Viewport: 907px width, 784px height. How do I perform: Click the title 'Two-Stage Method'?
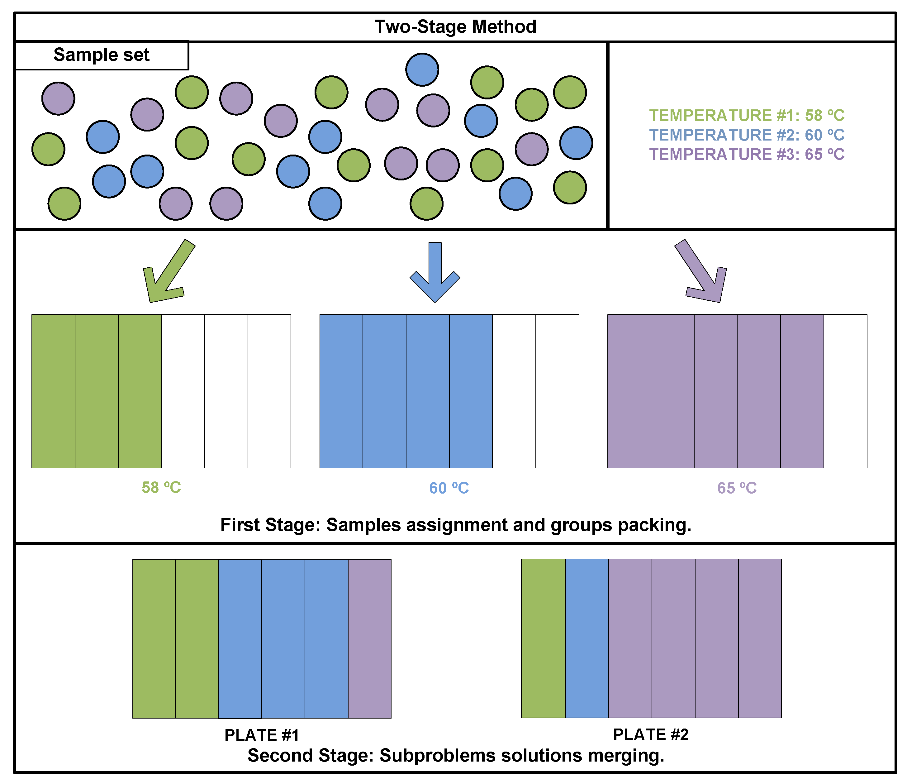(455, 27)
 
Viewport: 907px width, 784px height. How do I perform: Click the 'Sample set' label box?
(102, 55)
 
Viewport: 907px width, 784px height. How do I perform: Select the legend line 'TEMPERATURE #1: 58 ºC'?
(746, 115)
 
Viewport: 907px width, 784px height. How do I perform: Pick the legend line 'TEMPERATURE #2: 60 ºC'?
(746, 135)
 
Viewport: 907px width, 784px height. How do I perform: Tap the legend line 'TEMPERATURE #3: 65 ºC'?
(746, 154)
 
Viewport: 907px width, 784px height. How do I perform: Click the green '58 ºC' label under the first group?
(161, 487)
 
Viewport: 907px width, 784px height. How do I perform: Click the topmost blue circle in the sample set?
(422, 69)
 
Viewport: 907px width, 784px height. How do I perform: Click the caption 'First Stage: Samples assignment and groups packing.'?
(456, 525)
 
